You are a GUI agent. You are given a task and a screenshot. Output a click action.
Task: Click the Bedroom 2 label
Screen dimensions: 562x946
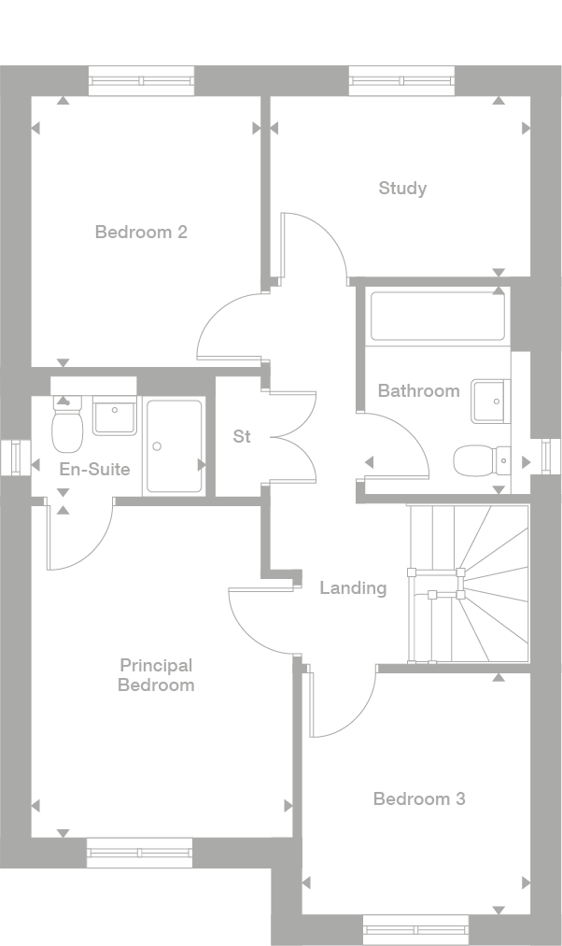tap(141, 232)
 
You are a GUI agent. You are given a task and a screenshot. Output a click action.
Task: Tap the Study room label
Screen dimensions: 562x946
tap(402, 189)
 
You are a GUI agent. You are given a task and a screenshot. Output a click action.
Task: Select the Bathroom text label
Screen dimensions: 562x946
tap(418, 391)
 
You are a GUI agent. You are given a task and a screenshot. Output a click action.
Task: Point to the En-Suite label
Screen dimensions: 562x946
tap(94, 469)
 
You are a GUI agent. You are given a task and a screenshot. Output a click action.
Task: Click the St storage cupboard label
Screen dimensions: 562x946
tap(241, 436)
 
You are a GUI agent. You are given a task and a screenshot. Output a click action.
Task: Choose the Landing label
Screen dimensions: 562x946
tap(353, 587)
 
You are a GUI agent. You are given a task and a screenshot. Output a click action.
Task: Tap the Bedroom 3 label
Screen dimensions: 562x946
tap(419, 798)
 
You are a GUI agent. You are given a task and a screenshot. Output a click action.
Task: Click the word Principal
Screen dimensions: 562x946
tap(156, 666)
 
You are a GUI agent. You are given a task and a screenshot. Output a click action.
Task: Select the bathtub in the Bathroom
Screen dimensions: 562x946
tap(438, 317)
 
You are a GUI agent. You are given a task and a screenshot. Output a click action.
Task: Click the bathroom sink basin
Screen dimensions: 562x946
tap(491, 401)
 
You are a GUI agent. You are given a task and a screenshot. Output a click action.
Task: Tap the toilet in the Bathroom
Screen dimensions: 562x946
tap(482, 461)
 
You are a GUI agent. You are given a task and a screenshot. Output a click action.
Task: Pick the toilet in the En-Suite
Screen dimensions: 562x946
tap(67, 424)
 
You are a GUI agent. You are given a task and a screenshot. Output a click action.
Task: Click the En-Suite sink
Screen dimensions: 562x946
tap(114, 416)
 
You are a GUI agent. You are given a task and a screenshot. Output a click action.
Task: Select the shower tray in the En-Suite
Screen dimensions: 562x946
tap(175, 446)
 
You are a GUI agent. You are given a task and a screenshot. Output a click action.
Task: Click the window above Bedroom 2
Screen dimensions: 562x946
tap(142, 81)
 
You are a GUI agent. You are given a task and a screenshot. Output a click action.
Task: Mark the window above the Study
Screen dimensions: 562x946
tap(401, 81)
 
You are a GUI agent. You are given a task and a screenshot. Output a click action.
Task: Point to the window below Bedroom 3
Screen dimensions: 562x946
tap(416, 930)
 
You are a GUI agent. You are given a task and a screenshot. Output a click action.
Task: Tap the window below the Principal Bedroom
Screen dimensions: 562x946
tap(139, 853)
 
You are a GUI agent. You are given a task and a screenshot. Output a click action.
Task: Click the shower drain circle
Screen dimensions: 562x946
tap(158, 446)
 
